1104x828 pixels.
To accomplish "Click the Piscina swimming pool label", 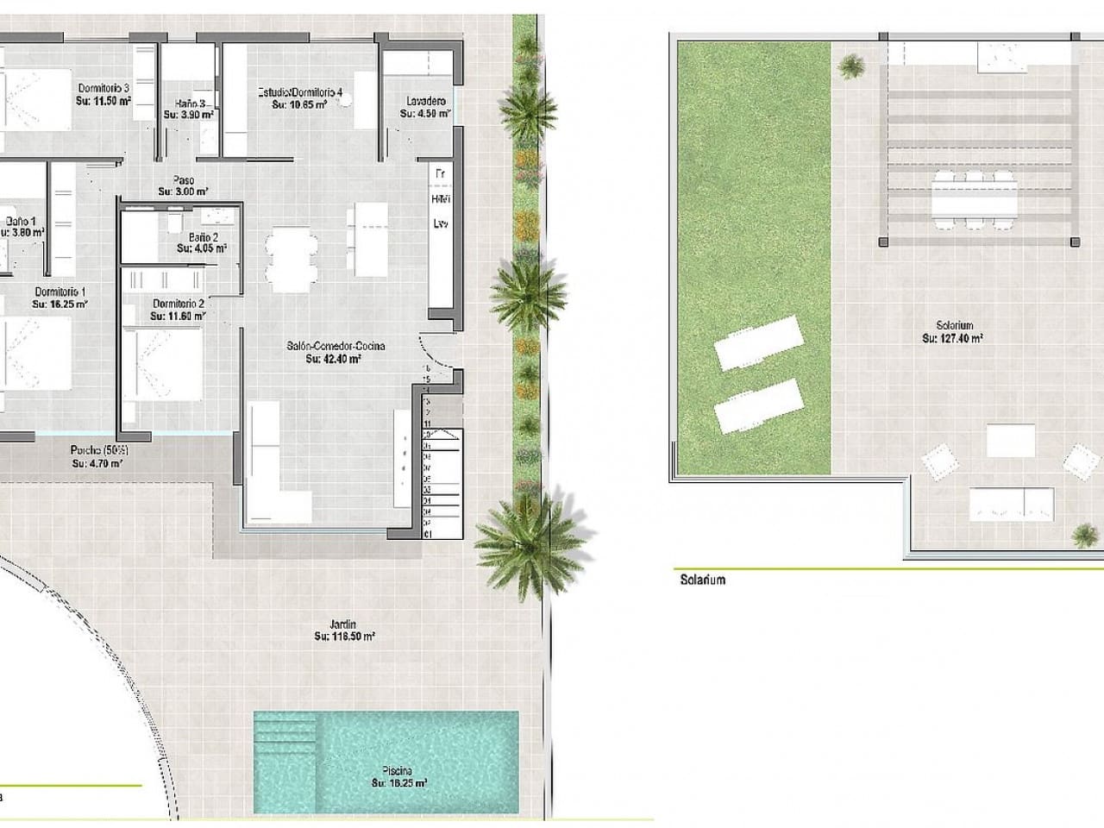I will click(x=399, y=770).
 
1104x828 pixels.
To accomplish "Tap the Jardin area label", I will click(x=343, y=624).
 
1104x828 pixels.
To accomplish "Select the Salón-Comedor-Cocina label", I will click(x=336, y=346).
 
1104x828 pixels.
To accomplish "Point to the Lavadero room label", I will click(x=425, y=101).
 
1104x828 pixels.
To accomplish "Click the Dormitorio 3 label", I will click(x=103, y=88).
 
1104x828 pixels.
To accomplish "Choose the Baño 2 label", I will click(x=203, y=237).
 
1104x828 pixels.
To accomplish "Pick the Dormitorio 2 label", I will click(x=178, y=304).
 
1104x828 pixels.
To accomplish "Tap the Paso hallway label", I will click(x=183, y=180).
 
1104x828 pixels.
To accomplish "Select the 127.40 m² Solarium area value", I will click(x=952, y=339).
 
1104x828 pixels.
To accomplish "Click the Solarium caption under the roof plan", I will click(x=702, y=580).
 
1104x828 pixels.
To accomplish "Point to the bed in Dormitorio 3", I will click(x=34, y=98).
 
